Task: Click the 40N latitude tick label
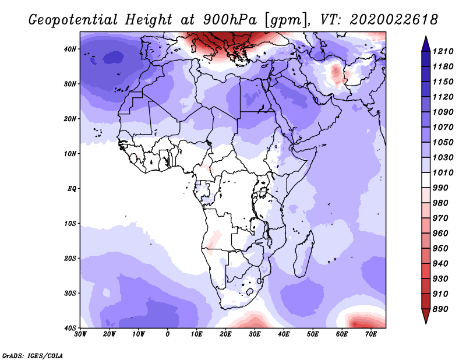click(70, 49)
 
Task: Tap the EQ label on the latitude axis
click(72, 189)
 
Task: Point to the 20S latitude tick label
click(70, 258)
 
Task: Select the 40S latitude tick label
click(70, 328)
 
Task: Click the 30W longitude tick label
click(80, 334)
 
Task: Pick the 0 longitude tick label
click(168, 334)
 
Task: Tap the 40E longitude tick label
click(284, 334)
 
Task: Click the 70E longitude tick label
click(371, 334)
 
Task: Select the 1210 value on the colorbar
click(443, 51)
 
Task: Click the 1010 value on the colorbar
click(443, 172)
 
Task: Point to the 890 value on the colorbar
click(440, 309)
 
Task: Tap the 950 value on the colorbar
click(440, 249)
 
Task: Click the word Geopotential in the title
click(73, 20)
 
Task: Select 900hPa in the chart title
click(230, 20)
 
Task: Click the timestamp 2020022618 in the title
click(394, 19)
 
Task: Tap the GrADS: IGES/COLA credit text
click(33, 355)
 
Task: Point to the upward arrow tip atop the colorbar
click(426, 37)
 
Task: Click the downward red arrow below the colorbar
click(426, 316)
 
